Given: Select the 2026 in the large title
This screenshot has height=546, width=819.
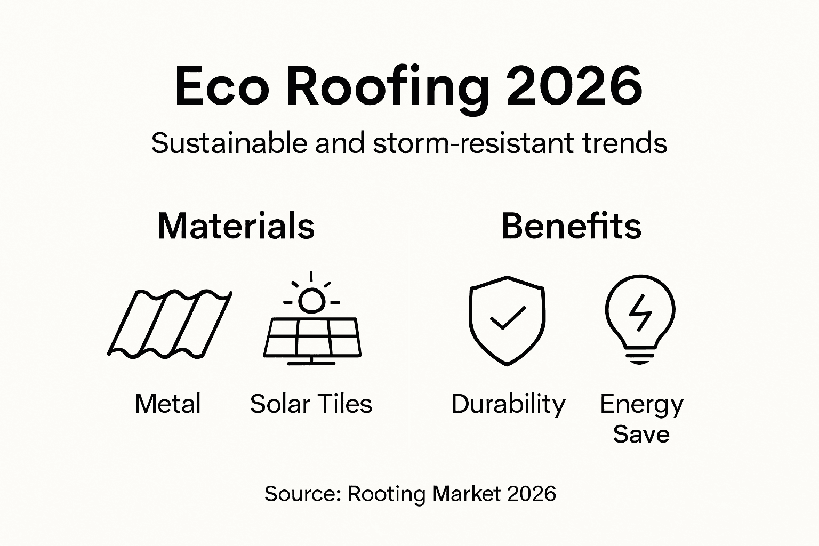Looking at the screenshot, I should (x=574, y=86).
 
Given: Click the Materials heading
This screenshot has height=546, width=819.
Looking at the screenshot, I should (x=236, y=226).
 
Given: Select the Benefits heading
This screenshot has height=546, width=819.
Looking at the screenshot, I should (x=571, y=226).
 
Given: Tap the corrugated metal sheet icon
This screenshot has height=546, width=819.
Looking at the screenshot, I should (x=170, y=323).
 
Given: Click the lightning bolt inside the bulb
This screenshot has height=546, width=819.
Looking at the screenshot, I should (x=640, y=313).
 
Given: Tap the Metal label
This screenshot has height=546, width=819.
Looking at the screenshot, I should (x=168, y=404).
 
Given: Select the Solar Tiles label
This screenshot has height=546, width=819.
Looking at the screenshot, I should (x=311, y=404).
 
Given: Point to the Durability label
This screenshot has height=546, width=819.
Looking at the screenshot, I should (x=508, y=404).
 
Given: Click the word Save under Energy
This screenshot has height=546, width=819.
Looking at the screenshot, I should (x=641, y=434).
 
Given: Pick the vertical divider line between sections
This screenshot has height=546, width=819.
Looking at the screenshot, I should (x=409, y=336).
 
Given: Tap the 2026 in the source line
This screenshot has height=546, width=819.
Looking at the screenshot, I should (x=532, y=494).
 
